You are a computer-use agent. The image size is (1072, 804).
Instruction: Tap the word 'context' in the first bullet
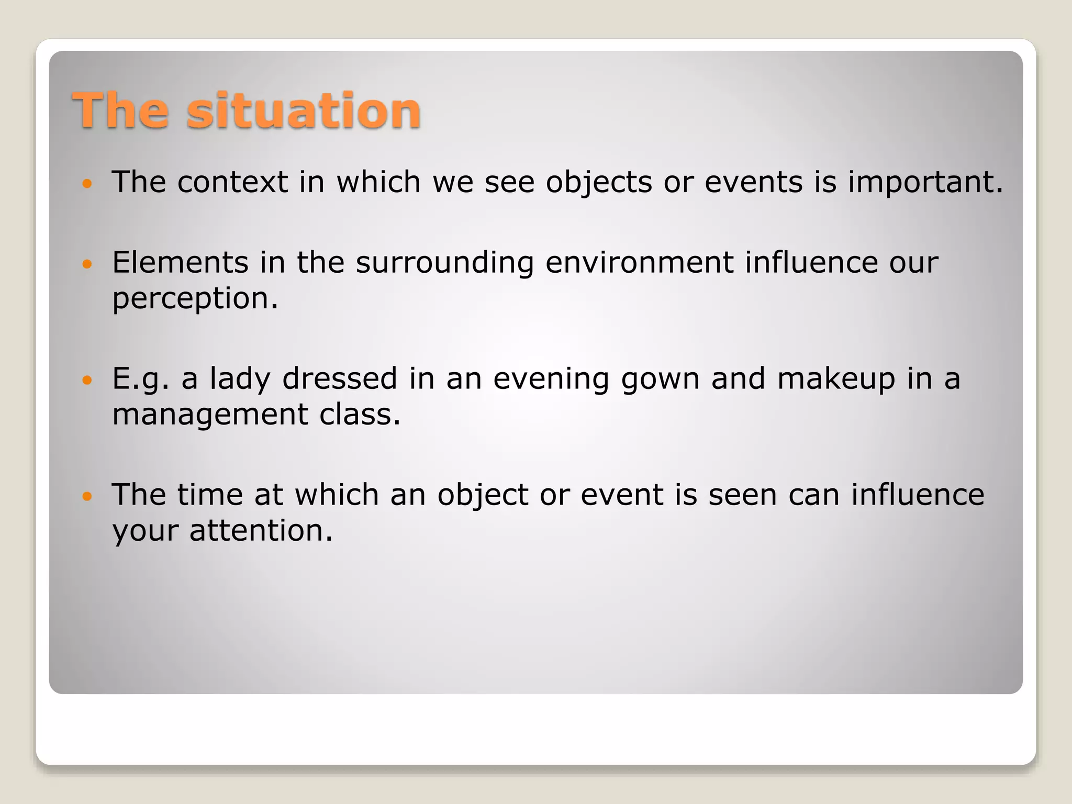click(232, 182)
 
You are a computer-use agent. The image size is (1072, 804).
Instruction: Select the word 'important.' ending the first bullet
click(925, 182)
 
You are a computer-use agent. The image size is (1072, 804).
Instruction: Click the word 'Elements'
click(180, 262)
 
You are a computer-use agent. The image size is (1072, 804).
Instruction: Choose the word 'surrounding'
click(444, 263)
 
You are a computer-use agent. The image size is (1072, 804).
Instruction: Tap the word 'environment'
click(639, 262)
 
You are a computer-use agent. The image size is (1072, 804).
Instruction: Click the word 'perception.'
click(195, 299)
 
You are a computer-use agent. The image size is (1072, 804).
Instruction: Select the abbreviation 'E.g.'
click(141, 379)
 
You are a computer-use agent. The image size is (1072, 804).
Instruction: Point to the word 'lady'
click(240, 379)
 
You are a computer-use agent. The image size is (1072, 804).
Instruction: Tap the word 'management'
click(210, 415)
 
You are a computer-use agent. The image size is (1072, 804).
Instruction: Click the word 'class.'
click(360, 414)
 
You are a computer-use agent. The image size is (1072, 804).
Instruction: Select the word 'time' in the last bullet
click(210, 495)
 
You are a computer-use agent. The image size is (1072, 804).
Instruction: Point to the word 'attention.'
click(261, 531)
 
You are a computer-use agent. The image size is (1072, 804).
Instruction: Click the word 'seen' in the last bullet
click(742, 495)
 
